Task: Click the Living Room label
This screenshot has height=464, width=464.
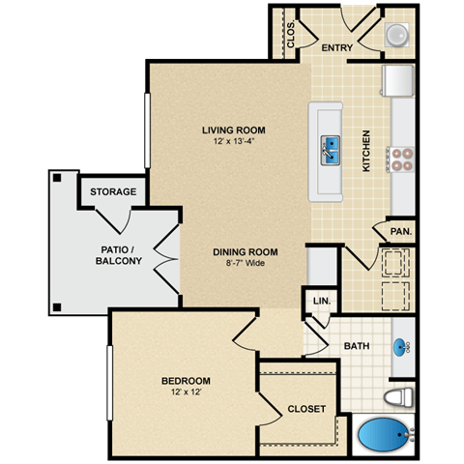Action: pos(233,130)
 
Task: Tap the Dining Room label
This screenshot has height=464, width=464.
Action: pos(240,250)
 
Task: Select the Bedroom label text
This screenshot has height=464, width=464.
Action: pos(186,380)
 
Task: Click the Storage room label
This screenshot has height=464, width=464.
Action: pos(113,191)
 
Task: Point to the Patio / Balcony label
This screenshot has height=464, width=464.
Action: pos(121,255)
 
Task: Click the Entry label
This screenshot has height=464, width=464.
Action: pos(337,47)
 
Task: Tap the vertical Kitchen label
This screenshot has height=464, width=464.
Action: pos(366,151)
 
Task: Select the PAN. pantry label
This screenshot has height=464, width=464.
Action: pos(401,231)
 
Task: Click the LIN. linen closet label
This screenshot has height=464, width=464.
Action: pos(321,302)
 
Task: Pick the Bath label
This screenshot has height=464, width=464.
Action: pos(357,346)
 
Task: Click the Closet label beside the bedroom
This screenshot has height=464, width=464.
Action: pos(306,409)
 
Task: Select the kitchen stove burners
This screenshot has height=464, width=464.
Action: pos(401,158)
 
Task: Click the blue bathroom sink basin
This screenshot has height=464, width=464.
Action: pos(402,346)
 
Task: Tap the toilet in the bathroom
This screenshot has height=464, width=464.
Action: pos(399,397)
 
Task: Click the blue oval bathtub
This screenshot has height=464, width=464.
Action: pos(384,437)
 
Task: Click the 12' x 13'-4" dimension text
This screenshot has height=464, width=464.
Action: pos(233,141)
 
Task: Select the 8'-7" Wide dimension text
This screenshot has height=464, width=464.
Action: pos(240,263)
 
